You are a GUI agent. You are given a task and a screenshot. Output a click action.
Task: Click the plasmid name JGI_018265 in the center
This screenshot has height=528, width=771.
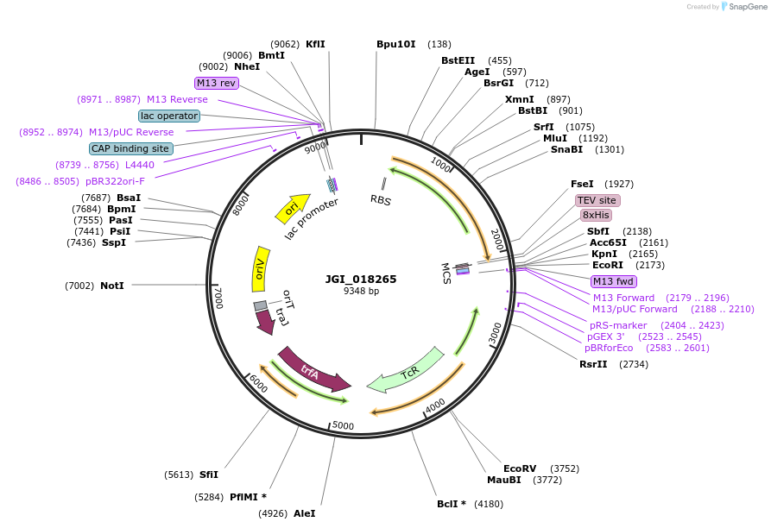(x=361, y=279)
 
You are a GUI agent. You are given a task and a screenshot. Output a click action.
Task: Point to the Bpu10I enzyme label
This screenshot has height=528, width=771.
(x=396, y=44)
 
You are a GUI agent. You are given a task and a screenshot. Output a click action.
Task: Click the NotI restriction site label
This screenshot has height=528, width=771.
(x=111, y=285)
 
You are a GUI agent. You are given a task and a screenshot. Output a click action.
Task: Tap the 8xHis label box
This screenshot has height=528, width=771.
(x=596, y=215)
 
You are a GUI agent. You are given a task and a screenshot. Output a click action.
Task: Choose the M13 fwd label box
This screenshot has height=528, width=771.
(x=613, y=281)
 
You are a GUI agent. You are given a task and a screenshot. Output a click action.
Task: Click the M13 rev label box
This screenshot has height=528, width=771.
(x=216, y=83)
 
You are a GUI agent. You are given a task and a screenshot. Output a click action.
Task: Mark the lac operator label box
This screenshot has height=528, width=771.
(x=169, y=116)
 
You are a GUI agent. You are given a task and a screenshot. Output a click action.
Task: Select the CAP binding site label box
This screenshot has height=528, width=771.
(x=131, y=148)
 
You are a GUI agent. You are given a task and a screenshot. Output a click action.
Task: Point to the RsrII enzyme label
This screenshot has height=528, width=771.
(x=593, y=364)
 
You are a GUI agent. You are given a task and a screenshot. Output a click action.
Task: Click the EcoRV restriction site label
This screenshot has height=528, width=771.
(x=521, y=468)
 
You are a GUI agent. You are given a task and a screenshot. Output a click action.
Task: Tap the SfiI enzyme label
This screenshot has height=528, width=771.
(x=209, y=475)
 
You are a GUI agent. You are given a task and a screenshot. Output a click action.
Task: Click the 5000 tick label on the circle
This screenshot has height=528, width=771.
(x=343, y=425)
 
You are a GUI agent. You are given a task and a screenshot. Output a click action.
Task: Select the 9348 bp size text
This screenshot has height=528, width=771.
(x=361, y=291)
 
